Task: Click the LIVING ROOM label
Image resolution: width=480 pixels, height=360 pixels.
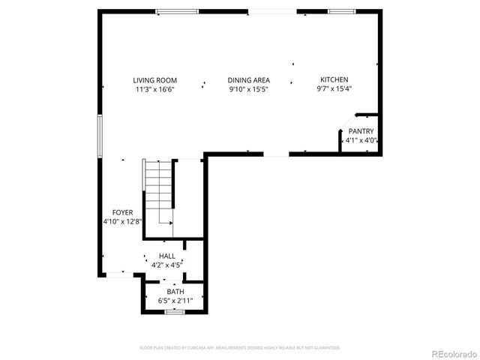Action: [154, 80]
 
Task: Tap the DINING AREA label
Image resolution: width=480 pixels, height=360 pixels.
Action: [249, 80]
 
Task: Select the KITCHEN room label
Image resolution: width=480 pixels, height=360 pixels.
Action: [334, 80]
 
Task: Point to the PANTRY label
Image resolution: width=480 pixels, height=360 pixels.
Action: [361, 131]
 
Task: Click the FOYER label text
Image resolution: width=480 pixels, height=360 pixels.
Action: [122, 213]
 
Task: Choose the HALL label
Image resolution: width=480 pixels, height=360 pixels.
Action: [166, 256]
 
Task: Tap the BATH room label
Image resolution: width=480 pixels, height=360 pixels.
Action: [175, 292]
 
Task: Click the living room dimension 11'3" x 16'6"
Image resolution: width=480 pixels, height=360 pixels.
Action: [154, 89]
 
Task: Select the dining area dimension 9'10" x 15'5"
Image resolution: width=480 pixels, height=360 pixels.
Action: [249, 89]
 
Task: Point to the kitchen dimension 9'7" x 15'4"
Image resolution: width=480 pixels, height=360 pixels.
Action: [334, 89]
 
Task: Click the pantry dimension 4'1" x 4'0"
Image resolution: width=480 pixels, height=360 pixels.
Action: [361, 140]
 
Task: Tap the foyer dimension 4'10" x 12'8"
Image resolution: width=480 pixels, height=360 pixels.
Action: [122, 222]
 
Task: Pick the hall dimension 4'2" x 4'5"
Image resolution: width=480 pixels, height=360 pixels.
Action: [166, 265]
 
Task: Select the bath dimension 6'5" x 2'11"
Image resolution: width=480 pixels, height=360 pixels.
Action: [175, 301]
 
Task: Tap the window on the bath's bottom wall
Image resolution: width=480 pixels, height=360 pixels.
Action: [175, 311]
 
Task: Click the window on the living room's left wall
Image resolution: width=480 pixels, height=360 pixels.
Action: [99, 136]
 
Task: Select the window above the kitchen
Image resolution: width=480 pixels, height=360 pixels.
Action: [341, 11]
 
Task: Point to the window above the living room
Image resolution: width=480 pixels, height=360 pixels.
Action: [178, 11]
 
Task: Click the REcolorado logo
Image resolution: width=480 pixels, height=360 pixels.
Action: [451, 352]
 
